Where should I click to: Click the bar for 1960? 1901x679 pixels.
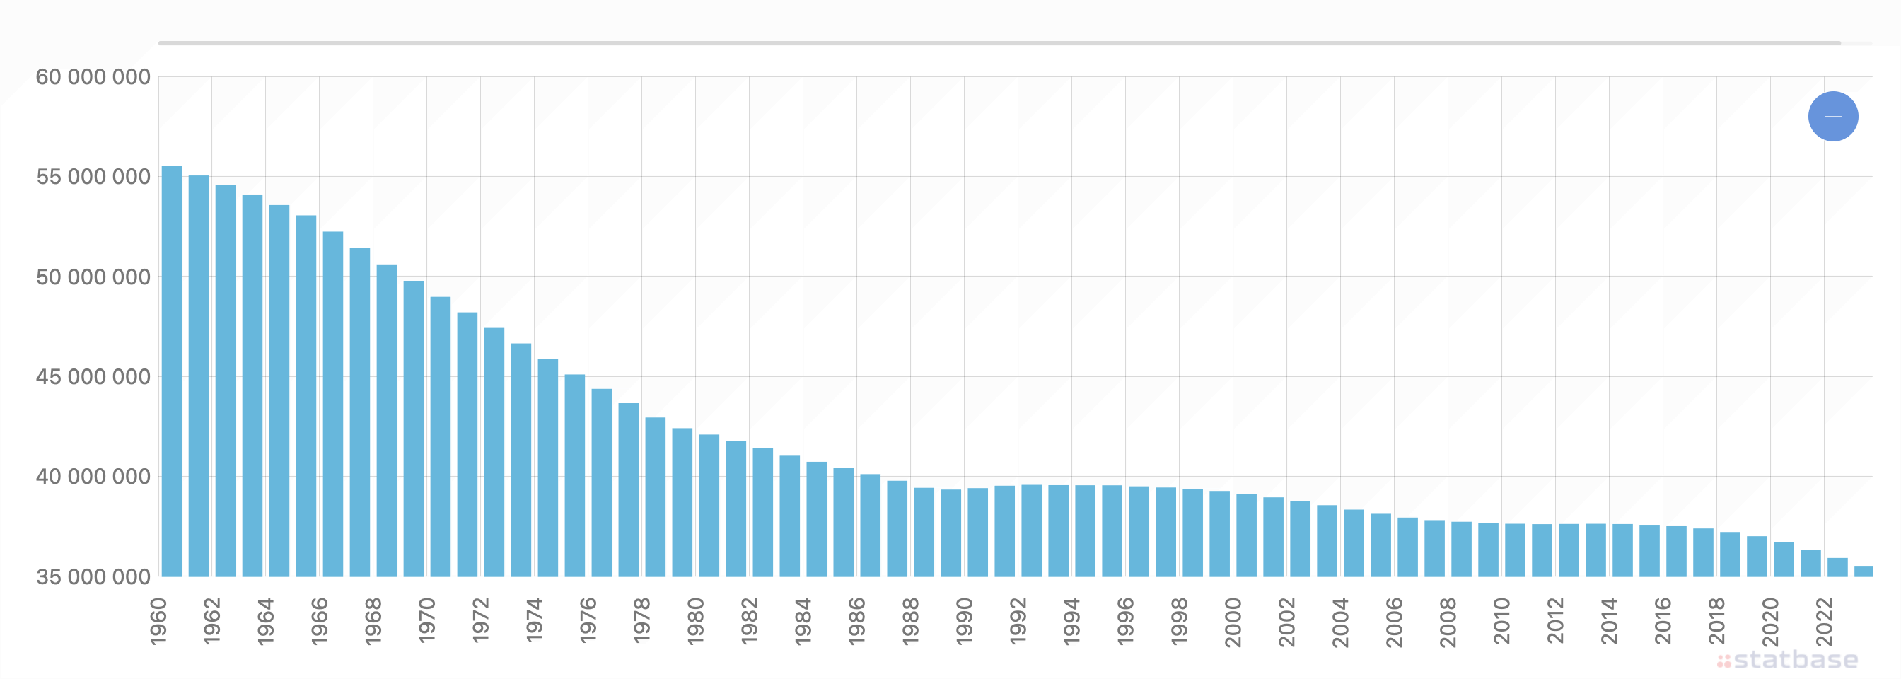171,371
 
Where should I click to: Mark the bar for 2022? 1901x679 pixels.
1837,567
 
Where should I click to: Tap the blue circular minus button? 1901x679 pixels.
1833,116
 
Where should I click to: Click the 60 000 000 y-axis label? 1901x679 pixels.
93,77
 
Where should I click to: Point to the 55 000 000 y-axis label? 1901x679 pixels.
93,177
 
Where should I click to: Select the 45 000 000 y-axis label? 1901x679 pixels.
93,377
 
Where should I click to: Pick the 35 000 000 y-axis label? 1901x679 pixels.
93,577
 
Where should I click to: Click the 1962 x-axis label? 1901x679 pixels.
211,622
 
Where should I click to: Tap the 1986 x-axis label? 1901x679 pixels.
856,622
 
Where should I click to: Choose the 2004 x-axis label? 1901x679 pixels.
1341,622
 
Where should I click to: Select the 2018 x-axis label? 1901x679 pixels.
1717,622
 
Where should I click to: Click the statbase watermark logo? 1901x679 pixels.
1787,659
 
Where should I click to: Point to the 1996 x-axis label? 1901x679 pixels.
1125,622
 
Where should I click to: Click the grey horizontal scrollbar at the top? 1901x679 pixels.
999,43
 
